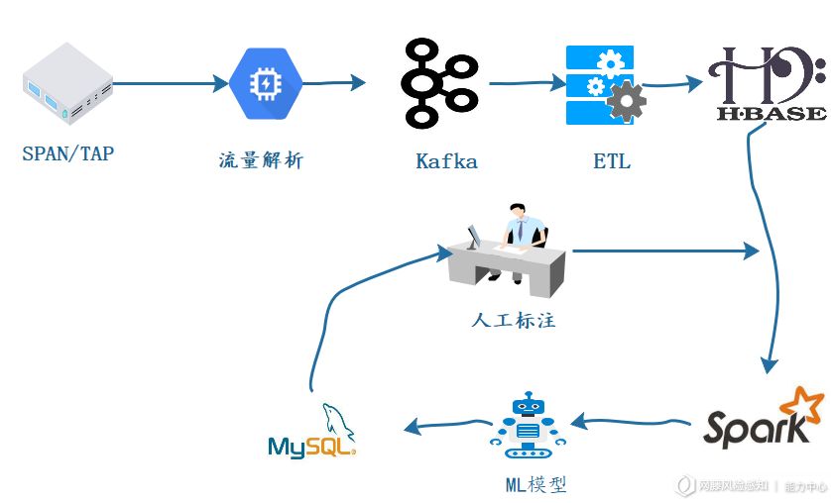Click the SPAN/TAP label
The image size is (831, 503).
67,153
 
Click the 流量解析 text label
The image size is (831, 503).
261,159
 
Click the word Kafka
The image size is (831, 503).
446,160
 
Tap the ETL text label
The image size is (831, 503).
611,160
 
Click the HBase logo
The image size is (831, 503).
769,83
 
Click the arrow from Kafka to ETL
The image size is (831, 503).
524,84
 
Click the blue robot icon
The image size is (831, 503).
528,426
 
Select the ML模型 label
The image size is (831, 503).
535,485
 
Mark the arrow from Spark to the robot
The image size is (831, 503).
631,424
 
